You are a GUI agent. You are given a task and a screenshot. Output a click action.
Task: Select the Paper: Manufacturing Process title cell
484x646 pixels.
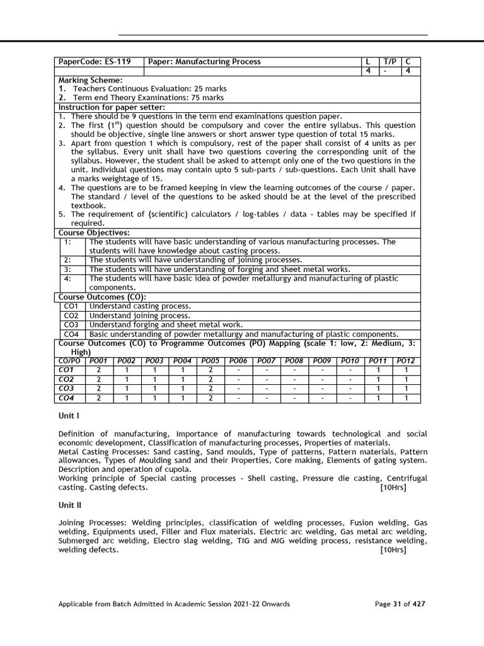204,62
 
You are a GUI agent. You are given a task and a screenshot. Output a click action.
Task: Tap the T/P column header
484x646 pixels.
390,62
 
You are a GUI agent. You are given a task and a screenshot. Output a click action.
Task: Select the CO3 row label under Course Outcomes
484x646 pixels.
71,324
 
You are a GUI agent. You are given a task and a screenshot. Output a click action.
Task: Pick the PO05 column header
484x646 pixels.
210,360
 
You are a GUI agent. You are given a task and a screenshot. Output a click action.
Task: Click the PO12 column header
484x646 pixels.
406,360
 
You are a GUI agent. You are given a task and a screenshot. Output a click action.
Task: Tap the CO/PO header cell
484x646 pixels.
69,360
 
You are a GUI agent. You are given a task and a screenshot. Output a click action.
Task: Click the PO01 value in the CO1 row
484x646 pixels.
98,370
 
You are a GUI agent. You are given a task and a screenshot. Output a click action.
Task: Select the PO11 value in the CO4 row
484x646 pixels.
377,398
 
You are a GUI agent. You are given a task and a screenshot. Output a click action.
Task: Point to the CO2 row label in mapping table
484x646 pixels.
66,379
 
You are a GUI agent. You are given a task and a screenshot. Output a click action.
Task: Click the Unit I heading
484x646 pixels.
68,416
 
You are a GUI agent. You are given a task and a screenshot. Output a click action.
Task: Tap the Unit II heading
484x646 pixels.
69,505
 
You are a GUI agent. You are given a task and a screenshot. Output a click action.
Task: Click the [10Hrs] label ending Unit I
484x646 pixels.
393,488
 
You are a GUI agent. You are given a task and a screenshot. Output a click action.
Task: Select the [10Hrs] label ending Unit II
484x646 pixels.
393,550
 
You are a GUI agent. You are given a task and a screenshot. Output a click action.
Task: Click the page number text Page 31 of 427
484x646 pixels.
400,604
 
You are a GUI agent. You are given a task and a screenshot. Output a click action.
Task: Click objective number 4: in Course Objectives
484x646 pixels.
67,278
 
